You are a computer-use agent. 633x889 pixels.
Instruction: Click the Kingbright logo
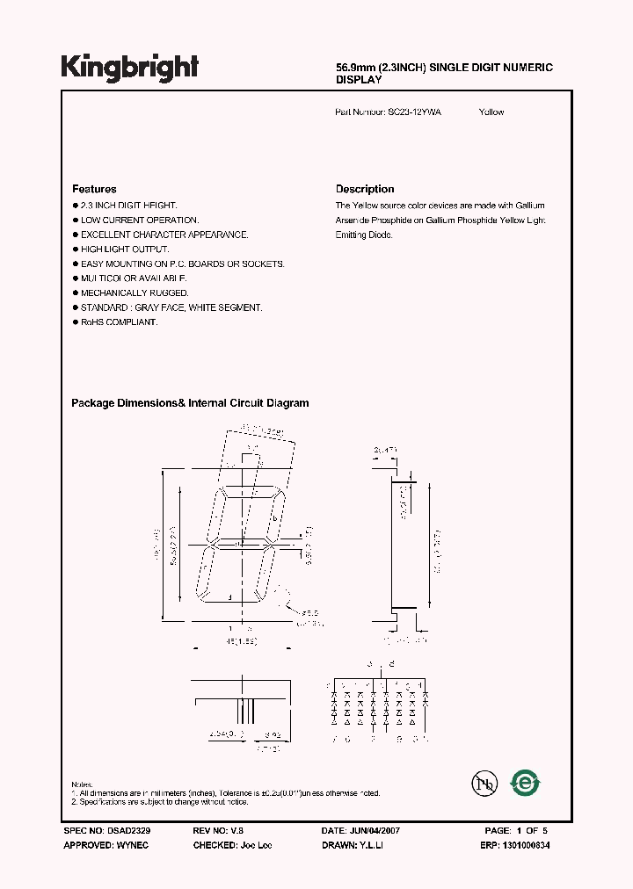129,67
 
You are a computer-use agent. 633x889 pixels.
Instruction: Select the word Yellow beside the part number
491,112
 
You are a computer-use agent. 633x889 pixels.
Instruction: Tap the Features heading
94,189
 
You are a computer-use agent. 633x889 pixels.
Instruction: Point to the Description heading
365,189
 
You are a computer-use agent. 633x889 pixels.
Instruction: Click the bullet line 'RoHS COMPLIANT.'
119,322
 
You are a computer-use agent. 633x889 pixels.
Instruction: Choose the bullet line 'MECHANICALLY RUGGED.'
135,293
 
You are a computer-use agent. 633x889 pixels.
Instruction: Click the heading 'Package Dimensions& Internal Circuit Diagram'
190,403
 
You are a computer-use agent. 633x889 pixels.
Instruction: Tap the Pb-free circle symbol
483,784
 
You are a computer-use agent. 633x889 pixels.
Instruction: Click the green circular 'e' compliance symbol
526,783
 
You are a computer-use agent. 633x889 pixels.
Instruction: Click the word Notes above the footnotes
82,784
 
